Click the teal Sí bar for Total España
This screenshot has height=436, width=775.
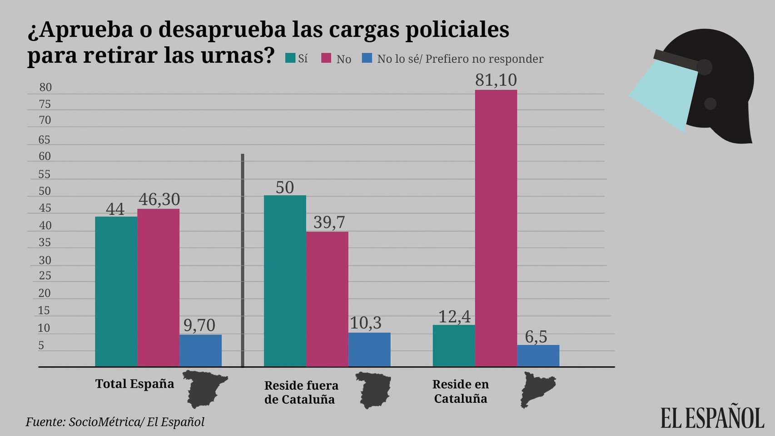[116, 291]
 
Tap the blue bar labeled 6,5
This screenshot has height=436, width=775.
[538, 356]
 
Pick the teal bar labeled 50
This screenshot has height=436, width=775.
[285, 281]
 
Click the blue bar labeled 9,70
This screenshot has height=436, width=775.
[200, 350]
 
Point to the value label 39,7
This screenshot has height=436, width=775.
[329, 222]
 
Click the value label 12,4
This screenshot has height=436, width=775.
[454, 317]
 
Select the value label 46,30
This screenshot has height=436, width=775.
[159, 199]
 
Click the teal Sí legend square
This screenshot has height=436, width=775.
[290, 58]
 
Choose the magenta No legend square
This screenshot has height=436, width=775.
[326, 58]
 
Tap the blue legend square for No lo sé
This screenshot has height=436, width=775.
[367, 58]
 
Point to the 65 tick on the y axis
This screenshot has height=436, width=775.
[44, 140]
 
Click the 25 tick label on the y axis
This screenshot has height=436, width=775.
[45, 276]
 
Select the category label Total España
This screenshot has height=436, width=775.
[134, 384]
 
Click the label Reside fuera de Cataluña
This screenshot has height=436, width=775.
[301, 392]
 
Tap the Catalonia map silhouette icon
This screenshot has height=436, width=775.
[537, 389]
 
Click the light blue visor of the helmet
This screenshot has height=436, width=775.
[664, 97]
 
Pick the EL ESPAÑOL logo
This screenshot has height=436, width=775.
[712, 417]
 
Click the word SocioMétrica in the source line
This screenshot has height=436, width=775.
[104, 422]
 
